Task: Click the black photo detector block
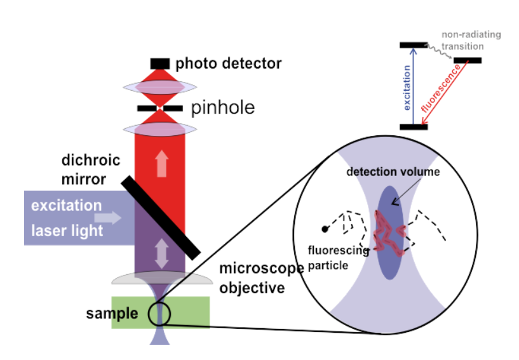pos(160,63)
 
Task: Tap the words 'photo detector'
pos(228,63)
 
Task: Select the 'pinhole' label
pos(223,108)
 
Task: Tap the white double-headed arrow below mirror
pos(161,253)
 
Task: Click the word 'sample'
pos(112,314)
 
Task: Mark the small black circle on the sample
pos(159,314)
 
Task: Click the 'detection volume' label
pos(393,172)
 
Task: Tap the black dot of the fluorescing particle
pos(325,228)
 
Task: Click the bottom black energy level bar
pos(414,127)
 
